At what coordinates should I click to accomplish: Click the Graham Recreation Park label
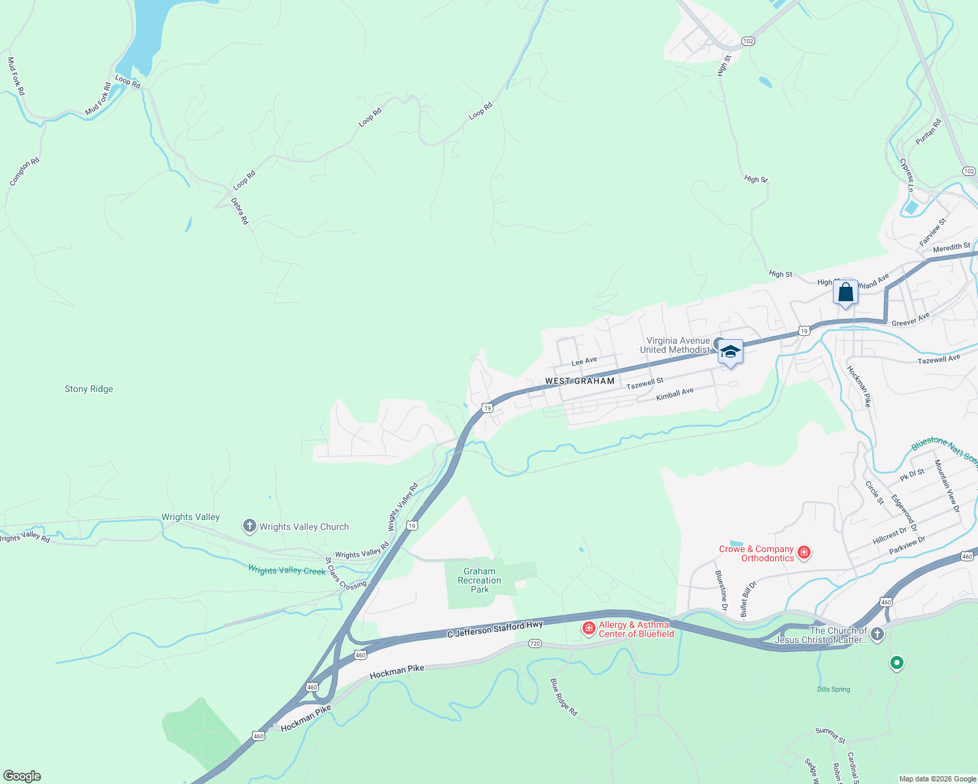[x=480, y=580]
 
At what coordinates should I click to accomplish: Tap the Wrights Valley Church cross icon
[x=249, y=526]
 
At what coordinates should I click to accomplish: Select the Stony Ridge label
[x=89, y=389]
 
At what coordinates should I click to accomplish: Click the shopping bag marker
[x=845, y=292]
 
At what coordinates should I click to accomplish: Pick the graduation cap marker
[x=730, y=352]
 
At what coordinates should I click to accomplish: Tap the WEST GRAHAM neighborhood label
[x=580, y=381]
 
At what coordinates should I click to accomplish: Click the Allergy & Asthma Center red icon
[x=589, y=629]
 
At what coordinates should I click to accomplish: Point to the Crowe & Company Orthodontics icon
[x=804, y=553]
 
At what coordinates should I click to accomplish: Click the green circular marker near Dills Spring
[x=897, y=663]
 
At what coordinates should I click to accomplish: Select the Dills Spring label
[x=834, y=689]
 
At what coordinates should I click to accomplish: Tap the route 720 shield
[x=535, y=644]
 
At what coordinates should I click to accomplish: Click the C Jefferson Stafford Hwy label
[x=495, y=630]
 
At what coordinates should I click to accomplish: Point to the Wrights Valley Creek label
[x=286, y=570]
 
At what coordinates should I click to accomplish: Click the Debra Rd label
[x=241, y=211]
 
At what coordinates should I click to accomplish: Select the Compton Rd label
[x=25, y=172]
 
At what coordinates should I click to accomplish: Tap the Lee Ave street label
[x=584, y=361]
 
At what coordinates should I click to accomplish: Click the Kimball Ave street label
[x=675, y=394]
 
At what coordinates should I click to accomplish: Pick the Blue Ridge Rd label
[x=564, y=696]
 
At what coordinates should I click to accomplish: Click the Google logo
[x=22, y=776]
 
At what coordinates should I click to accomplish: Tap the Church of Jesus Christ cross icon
[x=877, y=634]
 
